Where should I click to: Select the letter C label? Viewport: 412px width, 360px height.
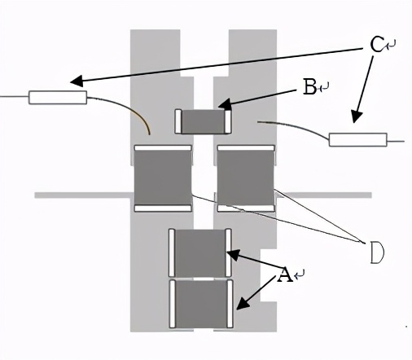(x=376, y=45)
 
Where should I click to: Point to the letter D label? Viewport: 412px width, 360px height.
(x=376, y=252)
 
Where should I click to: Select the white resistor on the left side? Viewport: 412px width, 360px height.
(x=58, y=98)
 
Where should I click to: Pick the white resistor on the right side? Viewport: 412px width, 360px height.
(x=357, y=139)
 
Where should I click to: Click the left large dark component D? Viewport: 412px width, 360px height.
(x=163, y=178)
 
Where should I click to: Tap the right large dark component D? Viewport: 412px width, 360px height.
(x=246, y=178)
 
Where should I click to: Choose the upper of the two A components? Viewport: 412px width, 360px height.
(x=200, y=252)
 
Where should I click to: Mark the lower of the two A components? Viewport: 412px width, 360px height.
(x=200, y=303)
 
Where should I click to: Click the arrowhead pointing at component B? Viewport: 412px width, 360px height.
(x=224, y=105)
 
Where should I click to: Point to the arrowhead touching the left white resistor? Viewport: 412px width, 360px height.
(x=76, y=81)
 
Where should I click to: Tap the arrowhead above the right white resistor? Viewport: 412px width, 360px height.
(x=354, y=120)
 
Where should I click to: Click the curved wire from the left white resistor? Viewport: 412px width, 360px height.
(x=130, y=109)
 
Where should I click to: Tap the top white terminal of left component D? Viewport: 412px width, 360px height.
(x=163, y=148)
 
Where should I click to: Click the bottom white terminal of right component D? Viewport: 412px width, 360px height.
(x=246, y=209)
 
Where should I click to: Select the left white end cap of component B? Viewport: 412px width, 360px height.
(x=178, y=122)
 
